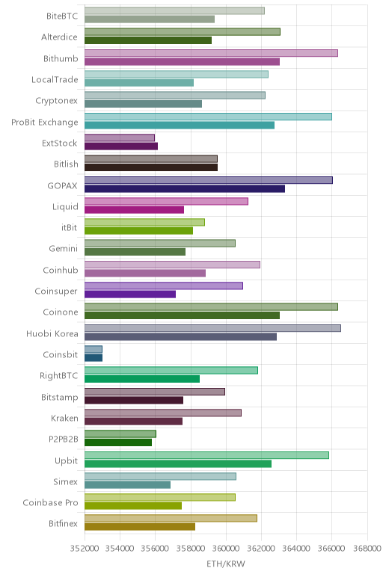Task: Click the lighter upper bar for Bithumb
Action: coord(211,53)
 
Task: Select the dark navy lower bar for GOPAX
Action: coord(185,189)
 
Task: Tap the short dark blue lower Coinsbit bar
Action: coord(94,358)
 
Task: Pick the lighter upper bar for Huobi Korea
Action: coord(212,328)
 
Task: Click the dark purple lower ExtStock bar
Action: coord(121,146)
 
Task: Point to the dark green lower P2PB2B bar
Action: coord(118,442)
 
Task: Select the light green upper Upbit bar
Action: coord(206,455)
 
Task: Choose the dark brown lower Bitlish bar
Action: coord(151,167)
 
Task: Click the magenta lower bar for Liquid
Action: coord(134,210)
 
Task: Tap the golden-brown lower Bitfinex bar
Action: coord(140,527)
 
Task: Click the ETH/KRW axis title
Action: coord(225,564)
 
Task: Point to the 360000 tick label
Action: coord(225,549)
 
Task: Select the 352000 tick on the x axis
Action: coord(85,549)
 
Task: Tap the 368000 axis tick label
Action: coord(367,549)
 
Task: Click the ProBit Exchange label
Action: coord(45,122)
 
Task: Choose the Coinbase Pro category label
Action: coord(50,503)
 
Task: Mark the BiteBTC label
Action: coord(62,16)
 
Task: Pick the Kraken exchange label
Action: coord(64,419)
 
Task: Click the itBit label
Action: coord(70,227)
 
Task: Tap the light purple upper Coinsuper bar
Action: coord(164,286)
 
